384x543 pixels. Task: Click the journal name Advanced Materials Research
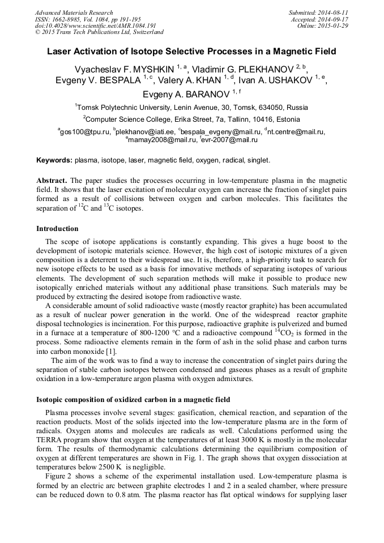point(74,12)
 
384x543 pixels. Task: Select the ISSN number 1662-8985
point(67,19)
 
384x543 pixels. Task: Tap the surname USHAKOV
point(287,80)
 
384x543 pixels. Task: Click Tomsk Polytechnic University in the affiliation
point(123,107)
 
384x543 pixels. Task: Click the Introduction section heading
point(57,229)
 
